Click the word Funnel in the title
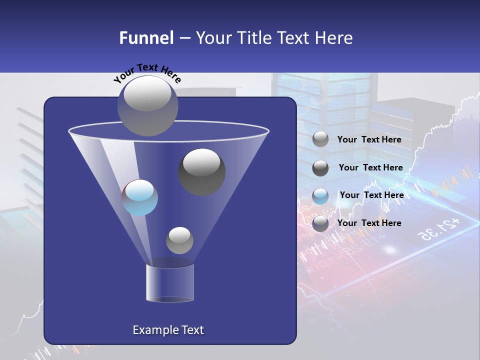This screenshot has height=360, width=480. [x=146, y=38]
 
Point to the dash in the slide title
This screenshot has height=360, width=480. [x=184, y=38]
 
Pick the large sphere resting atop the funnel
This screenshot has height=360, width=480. [x=147, y=105]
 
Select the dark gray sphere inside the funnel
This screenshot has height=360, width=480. [x=202, y=171]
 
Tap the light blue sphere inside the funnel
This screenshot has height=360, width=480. [x=140, y=197]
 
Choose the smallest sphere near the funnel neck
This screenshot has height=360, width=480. [x=179, y=240]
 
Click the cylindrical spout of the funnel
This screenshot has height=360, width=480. [x=170, y=282]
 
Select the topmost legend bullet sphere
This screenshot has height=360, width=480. [x=320, y=139]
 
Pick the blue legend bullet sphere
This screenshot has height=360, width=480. [x=320, y=195]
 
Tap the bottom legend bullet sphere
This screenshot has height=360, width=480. [x=320, y=223]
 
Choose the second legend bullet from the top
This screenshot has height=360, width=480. [x=320, y=168]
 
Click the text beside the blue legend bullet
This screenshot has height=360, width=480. [x=371, y=195]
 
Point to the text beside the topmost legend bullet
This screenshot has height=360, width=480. [x=369, y=139]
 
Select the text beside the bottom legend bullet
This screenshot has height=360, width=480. [x=369, y=223]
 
